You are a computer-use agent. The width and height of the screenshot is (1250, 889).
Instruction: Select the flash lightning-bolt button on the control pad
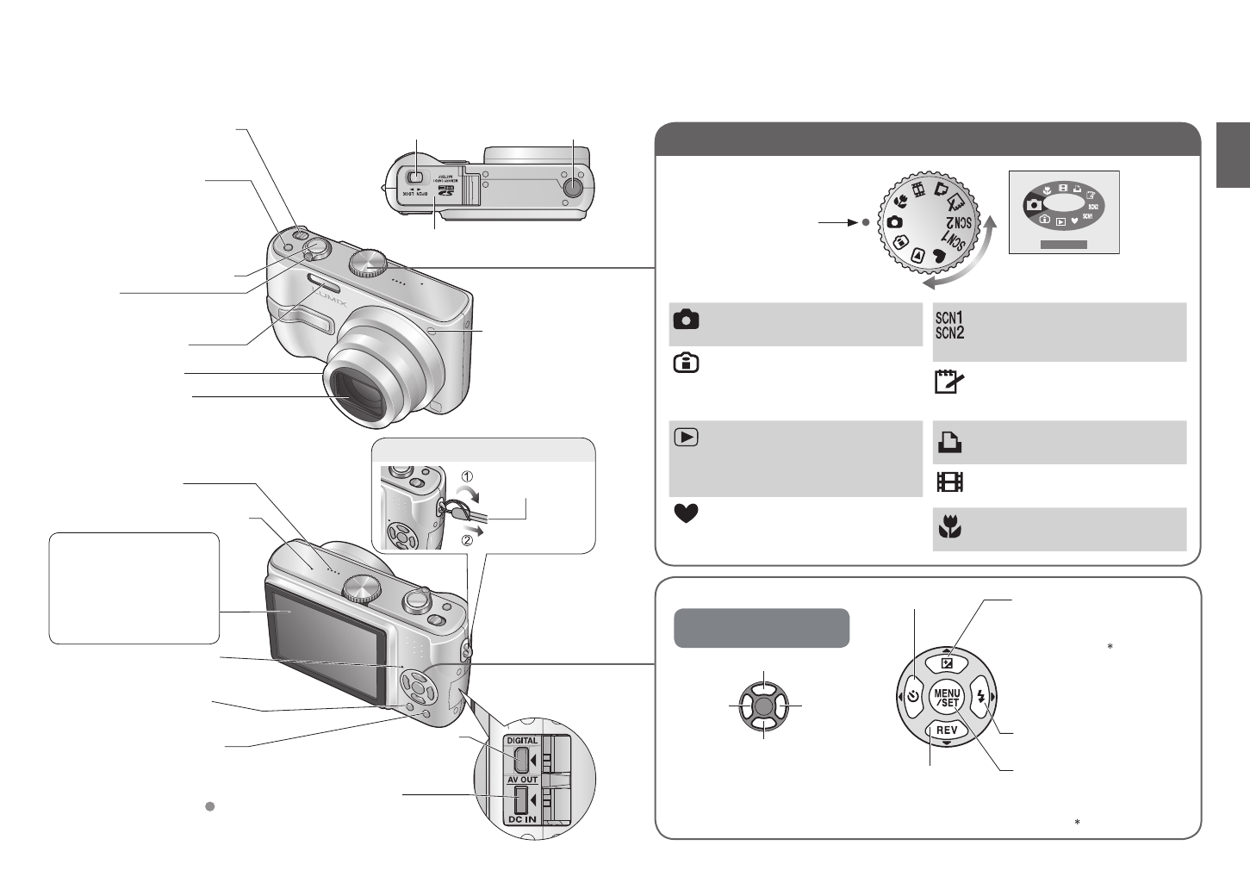(980, 697)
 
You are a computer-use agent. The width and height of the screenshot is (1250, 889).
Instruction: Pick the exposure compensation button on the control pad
(946, 662)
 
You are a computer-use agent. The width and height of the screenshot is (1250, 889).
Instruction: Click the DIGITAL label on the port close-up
(521, 740)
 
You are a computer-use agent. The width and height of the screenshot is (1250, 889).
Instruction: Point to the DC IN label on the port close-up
(521, 819)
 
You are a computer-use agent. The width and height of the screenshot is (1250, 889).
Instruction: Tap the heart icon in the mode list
(686, 513)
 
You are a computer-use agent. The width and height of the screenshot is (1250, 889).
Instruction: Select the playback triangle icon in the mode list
(686, 437)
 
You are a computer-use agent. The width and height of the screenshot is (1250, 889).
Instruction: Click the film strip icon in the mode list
(948, 482)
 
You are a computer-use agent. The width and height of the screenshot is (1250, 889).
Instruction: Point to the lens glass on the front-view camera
(358, 395)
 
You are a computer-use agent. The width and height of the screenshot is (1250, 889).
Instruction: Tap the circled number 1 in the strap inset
(466, 476)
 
